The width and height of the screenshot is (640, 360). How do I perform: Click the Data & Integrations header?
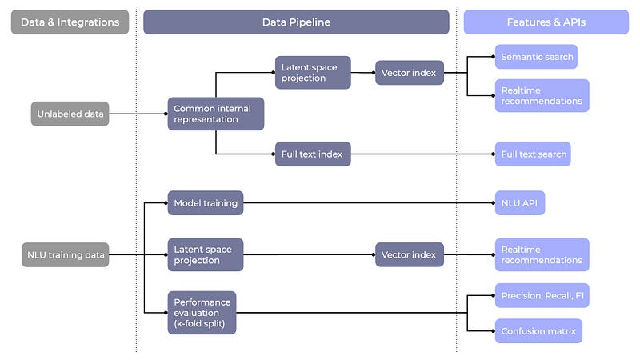(x=70, y=22)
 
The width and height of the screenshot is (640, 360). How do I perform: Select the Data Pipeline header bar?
(x=296, y=22)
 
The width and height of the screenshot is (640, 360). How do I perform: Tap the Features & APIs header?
(x=546, y=22)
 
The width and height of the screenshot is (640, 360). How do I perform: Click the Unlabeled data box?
(x=70, y=114)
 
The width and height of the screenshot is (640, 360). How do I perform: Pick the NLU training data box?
(x=65, y=255)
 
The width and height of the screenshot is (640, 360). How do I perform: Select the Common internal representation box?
(x=215, y=114)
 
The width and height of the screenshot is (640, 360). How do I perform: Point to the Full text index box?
(x=313, y=154)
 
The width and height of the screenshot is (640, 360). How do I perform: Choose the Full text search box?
(x=533, y=154)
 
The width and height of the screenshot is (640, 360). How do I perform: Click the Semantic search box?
(x=535, y=57)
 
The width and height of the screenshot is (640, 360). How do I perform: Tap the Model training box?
(x=206, y=203)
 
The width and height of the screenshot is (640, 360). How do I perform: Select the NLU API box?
(x=519, y=203)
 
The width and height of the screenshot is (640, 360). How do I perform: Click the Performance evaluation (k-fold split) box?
(x=202, y=312)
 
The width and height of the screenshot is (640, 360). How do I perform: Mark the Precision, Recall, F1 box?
(x=542, y=295)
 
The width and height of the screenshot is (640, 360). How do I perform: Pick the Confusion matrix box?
(x=538, y=330)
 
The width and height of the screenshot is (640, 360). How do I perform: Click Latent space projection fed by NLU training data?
(x=205, y=255)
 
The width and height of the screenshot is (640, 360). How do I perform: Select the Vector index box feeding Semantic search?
(x=409, y=73)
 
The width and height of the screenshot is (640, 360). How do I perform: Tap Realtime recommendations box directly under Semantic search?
(x=542, y=95)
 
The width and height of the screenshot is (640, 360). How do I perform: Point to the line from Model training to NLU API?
(x=368, y=203)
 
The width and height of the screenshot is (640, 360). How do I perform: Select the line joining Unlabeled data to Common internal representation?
(x=138, y=114)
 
